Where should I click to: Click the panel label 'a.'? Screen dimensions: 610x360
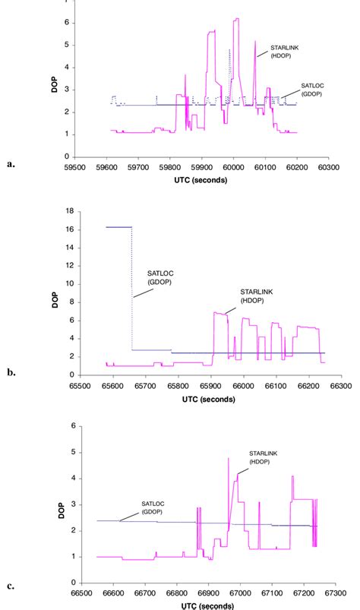click(x=11, y=163)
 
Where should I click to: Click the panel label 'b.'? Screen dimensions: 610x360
click(x=11, y=373)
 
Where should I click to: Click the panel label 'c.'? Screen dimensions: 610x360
click(x=11, y=585)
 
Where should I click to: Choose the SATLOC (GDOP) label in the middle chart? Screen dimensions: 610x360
click(x=157, y=277)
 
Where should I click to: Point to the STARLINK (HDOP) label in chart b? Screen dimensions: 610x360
click(x=253, y=296)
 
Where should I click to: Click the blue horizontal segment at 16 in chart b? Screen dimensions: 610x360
click(x=118, y=226)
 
